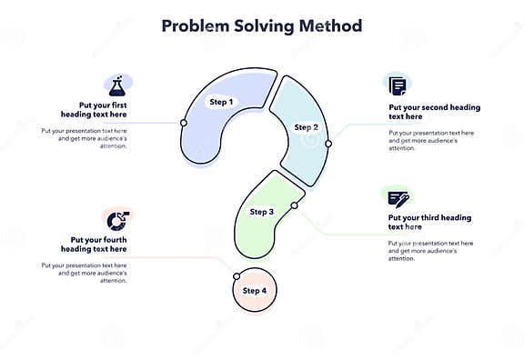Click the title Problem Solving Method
click(x=261, y=25)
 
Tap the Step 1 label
click(x=221, y=101)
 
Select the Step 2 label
click(x=307, y=127)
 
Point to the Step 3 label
click(x=261, y=212)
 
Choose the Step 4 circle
click(x=254, y=291)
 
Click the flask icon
click(x=116, y=87)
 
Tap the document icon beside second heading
click(x=398, y=86)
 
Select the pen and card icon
click(x=398, y=197)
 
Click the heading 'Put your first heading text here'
click(x=94, y=110)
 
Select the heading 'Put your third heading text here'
click(x=429, y=223)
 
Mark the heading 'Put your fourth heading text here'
click(x=94, y=244)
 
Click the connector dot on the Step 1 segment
click(x=184, y=122)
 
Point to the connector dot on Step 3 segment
click(x=294, y=206)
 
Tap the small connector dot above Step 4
click(x=237, y=275)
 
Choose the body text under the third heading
click(x=430, y=251)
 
